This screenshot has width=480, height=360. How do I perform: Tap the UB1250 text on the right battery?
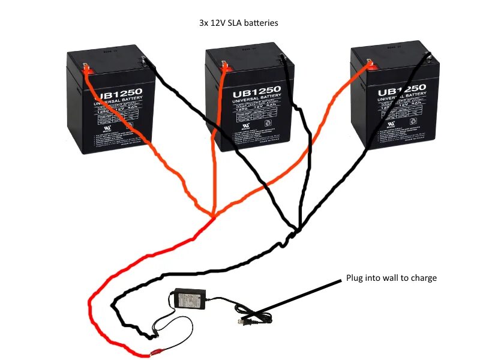click(x=401, y=90)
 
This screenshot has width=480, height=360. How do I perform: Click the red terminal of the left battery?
click(x=87, y=68)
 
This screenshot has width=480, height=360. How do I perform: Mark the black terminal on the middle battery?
click(x=283, y=58)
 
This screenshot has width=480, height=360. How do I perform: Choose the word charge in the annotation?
click(x=425, y=278)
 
